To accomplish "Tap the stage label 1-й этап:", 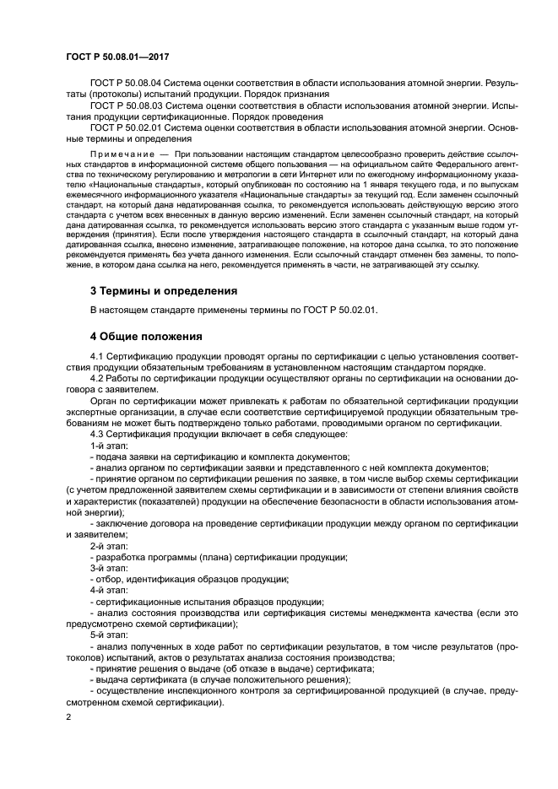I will pyautogui.click(x=107, y=445).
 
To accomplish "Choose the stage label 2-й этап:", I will pyautogui.click(x=107, y=546).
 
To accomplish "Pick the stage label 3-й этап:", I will pyautogui.click(x=107, y=568).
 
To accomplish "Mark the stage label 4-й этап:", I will pyautogui.click(x=107, y=590).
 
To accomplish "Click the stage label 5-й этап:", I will pyautogui.click(x=107, y=634).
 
